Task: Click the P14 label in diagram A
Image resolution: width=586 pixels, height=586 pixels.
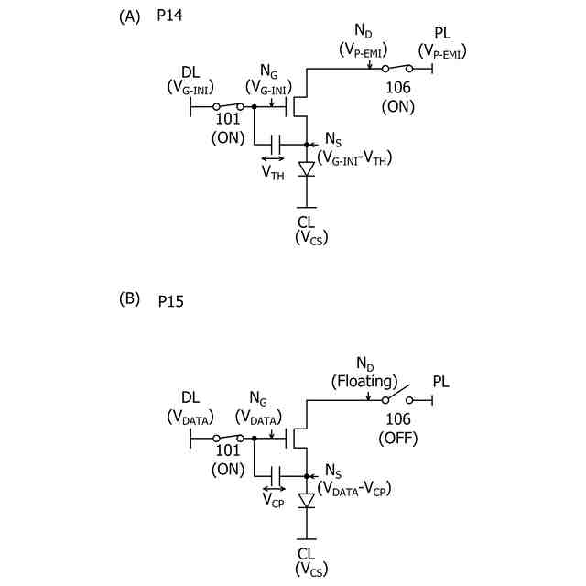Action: coord(172,17)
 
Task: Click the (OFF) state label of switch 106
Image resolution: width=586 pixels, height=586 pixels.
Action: coord(398,439)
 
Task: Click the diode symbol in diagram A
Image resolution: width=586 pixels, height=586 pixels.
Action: coord(307,168)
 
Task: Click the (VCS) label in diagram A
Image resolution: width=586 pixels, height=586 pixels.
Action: coord(307,238)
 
